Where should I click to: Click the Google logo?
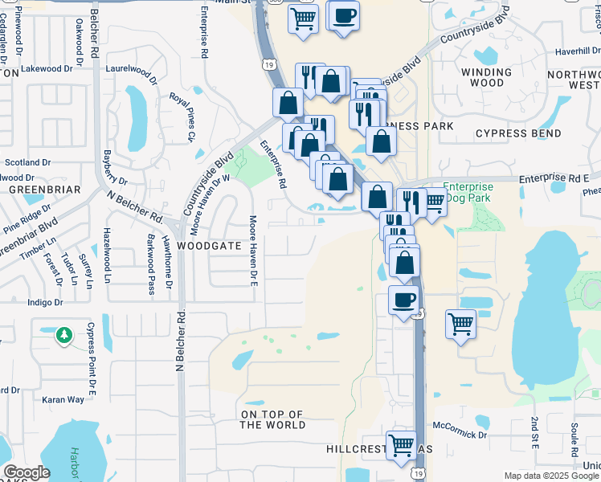click(x=27, y=472)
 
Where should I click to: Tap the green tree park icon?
click(x=64, y=336)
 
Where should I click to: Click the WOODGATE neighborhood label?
click(x=209, y=245)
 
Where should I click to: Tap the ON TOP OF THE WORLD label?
click(x=273, y=419)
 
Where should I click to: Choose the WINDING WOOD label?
click(x=483, y=77)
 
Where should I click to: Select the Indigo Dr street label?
click(x=45, y=303)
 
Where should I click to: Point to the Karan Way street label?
click(x=63, y=399)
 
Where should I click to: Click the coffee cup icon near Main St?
click(x=344, y=15)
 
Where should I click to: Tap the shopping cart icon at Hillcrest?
click(x=401, y=445)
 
